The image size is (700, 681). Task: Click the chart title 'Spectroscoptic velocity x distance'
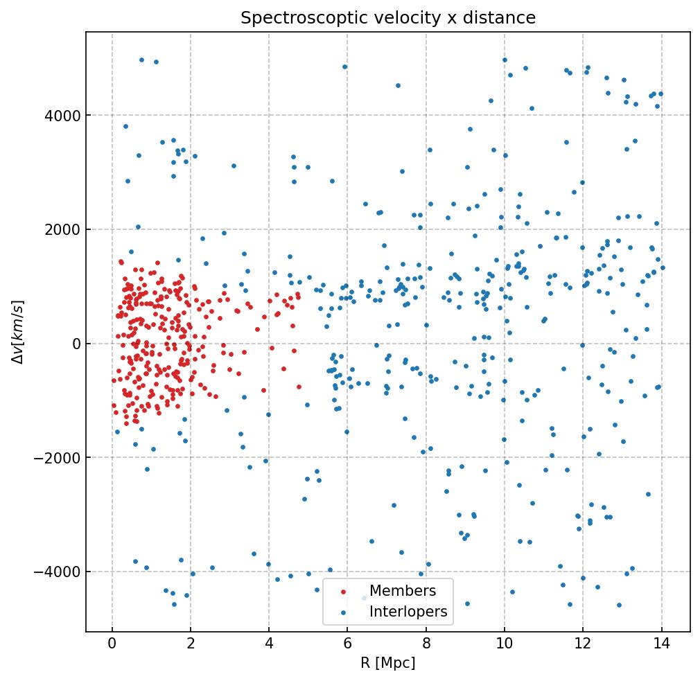[388, 18]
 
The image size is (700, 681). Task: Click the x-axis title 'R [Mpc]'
[388, 663]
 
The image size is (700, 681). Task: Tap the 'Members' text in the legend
[403, 591]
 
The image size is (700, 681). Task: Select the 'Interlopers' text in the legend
[408, 612]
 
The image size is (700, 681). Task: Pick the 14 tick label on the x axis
[661, 644]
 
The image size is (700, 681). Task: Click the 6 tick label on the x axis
[347, 644]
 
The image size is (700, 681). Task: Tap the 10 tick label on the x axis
[505, 644]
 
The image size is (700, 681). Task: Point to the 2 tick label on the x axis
[191, 644]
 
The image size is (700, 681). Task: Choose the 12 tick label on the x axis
[583, 644]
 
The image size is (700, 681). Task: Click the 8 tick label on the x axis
[426, 644]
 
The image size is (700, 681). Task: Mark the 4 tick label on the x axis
[269, 644]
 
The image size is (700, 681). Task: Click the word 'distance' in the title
[505, 18]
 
